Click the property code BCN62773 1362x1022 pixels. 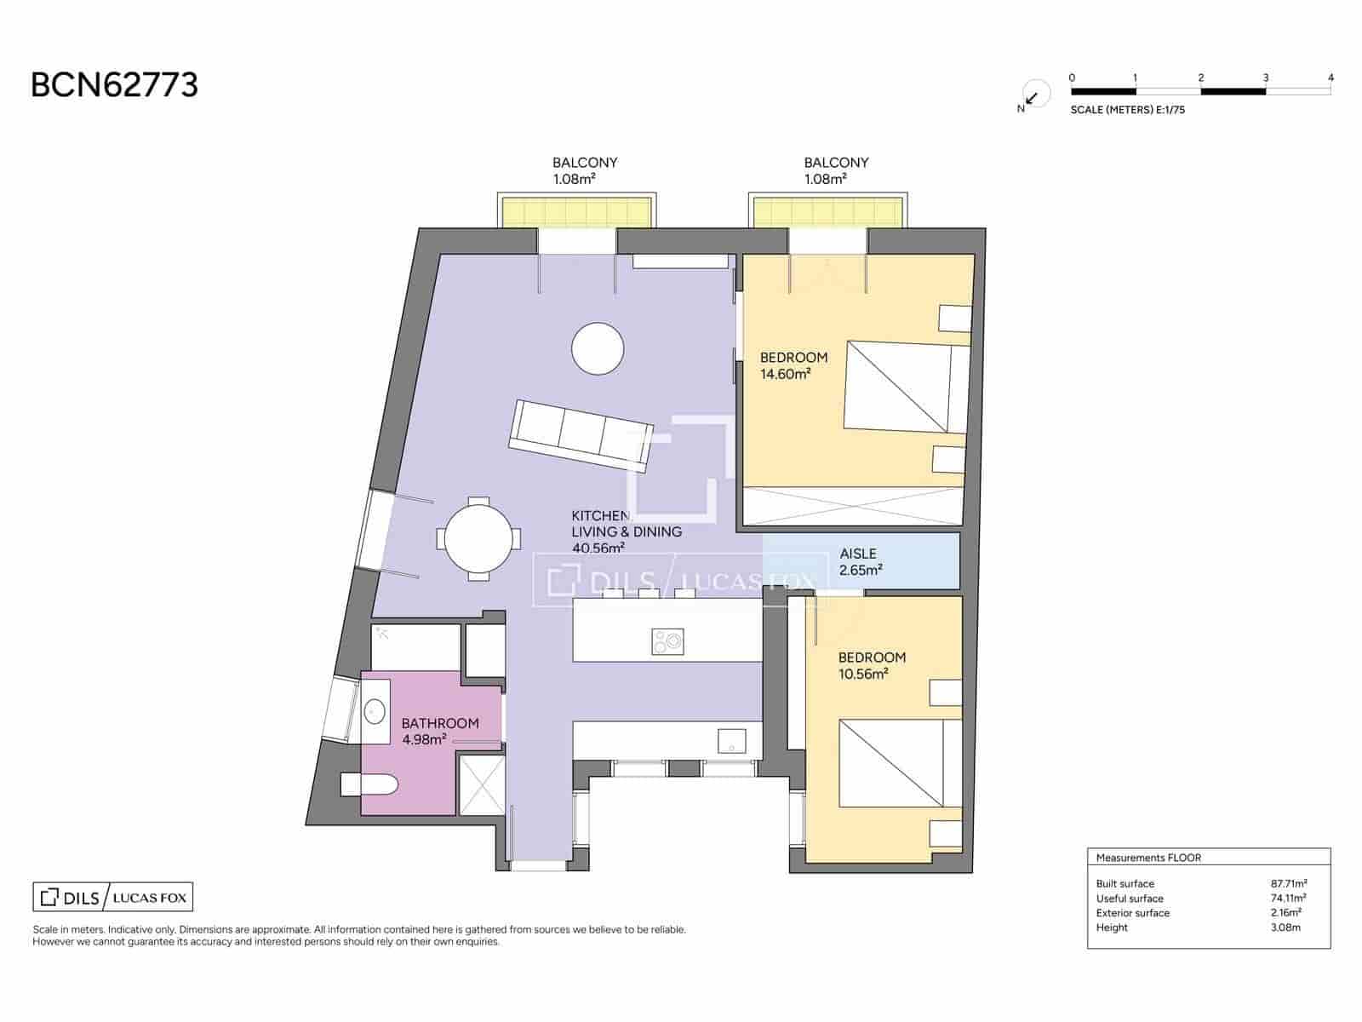pos(114,85)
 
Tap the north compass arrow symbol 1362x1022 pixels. pos(1033,97)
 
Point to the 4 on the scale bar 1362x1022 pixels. pos(1331,78)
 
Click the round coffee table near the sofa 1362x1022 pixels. pos(598,348)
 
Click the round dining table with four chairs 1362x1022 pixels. pos(479,539)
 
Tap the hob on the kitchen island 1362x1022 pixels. pos(667,641)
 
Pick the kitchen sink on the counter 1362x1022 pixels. pos(731,741)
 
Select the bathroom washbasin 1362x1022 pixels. pos(375,710)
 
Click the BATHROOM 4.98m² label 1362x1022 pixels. pos(439,731)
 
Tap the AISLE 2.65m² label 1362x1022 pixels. pos(859,562)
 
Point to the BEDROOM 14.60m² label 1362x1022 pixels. pos(793,365)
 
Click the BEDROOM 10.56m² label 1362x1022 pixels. pos(871,665)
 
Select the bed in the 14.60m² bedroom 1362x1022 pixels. pos(905,387)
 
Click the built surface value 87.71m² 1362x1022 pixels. pos(1288,884)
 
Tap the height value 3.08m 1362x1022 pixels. pos(1285,927)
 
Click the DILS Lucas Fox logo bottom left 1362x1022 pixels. pos(113,897)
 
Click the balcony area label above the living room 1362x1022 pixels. pos(585,170)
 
